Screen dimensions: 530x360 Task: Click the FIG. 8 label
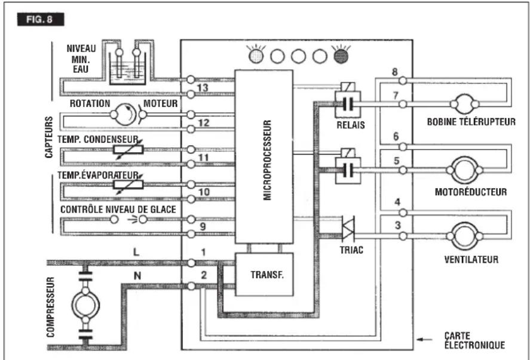[x=41, y=19]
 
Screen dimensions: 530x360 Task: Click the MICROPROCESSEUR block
[x=264, y=156]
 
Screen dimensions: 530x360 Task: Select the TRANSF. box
[x=264, y=275]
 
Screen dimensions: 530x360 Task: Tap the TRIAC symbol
[x=348, y=228]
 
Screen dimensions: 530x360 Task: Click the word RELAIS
[x=351, y=125]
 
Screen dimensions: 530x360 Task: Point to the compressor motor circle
[x=85, y=305]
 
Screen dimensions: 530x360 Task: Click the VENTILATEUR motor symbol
[x=465, y=236]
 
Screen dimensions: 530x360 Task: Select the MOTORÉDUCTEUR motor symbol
[x=465, y=170]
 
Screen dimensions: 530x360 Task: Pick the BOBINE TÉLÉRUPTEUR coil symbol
[x=465, y=104]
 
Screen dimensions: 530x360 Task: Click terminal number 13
[x=203, y=88]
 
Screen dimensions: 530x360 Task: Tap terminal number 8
[x=395, y=72]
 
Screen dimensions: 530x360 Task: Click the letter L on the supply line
[x=136, y=252]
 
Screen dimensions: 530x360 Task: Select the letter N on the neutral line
[x=137, y=276]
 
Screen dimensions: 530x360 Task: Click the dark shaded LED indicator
[x=341, y=56]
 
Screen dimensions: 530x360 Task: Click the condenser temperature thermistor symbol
[x=128, y=149]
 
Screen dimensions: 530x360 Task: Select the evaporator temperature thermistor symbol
[x=128, y=184]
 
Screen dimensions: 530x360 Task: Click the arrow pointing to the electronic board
[x=425, y=339]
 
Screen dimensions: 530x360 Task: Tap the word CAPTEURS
[x=49, y=137]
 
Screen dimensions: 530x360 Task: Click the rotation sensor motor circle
[x=125, y=115]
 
